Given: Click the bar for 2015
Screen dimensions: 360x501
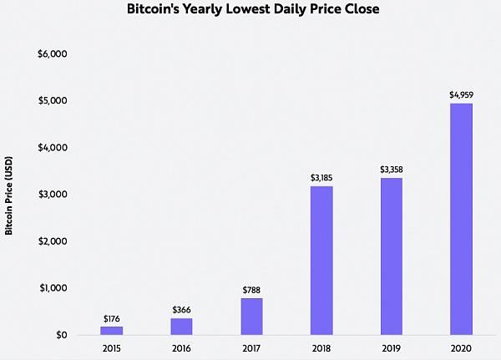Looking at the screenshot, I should pos(111,331).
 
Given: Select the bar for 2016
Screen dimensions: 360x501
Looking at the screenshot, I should pos(181,327).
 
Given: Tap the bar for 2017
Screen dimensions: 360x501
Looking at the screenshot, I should pos(251,317).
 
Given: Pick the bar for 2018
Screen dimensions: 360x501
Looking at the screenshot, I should pos(321,261).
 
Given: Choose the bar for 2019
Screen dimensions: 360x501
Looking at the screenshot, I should pos(391,256).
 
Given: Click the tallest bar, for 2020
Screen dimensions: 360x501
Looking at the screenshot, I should pos(461,219).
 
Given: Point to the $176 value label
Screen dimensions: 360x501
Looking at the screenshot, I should pos(111,319).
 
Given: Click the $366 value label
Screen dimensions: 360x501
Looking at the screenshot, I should pos(181,310).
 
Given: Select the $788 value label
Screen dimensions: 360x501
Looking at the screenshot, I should pos(251,291).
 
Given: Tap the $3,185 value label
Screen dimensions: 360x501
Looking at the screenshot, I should pos(321,178).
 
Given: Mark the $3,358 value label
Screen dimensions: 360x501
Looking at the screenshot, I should pos(391,170).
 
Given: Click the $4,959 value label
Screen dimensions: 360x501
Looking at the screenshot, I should pos(461,95).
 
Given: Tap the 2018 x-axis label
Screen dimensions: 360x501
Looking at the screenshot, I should pos(321,349).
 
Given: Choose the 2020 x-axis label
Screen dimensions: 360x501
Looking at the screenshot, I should pos(461,349).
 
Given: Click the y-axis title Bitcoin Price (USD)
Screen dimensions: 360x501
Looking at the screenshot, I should pos(9,194).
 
